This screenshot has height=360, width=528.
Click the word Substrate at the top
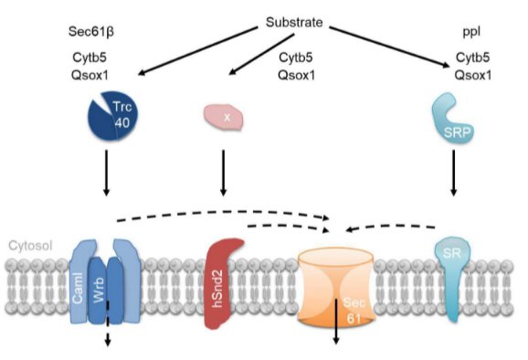click(x=294, y=22)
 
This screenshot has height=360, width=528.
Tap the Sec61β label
click(x=91, y=32)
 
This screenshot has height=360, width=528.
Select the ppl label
click(x=471, y=32)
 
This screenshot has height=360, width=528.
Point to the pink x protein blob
click(x=223, y=117)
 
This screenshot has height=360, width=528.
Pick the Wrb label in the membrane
click(x=99, y=291)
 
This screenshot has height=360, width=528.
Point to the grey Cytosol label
click(x=31, y=246)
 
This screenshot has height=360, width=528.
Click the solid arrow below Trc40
click(x=106, y=173)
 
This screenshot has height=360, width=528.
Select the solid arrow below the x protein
click(x=223, y=173)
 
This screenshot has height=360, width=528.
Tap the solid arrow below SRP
click(x=454, y=173)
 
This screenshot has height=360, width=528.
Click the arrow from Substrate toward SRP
click(x=390, y=48)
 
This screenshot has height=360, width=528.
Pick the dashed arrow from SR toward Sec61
click(x=390, y=228)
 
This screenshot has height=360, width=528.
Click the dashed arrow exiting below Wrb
click(x=108, y=324)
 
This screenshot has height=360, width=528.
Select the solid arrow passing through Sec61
click(x=336, y=321)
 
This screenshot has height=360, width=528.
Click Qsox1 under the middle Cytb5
click(x=296, y=75)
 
